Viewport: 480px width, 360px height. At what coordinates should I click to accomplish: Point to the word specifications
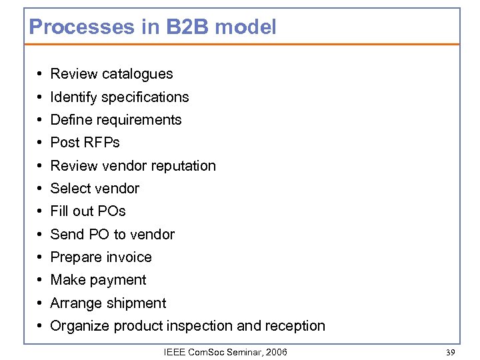[x=146, y=97]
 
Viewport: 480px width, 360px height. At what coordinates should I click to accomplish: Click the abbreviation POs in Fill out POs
[x=111, y=211]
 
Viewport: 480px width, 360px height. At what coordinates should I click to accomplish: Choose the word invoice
[x=129, y=257]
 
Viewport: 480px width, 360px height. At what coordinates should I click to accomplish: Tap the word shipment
[x=137, y=303]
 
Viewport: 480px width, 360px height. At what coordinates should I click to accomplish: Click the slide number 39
[x=451, y=351]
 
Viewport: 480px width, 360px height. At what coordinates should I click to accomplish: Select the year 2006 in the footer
[x=276, y=351]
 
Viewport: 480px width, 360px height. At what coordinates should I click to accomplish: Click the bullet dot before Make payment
[x=41, y=280]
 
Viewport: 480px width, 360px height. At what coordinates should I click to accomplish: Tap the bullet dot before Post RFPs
[x=41, y=143]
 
